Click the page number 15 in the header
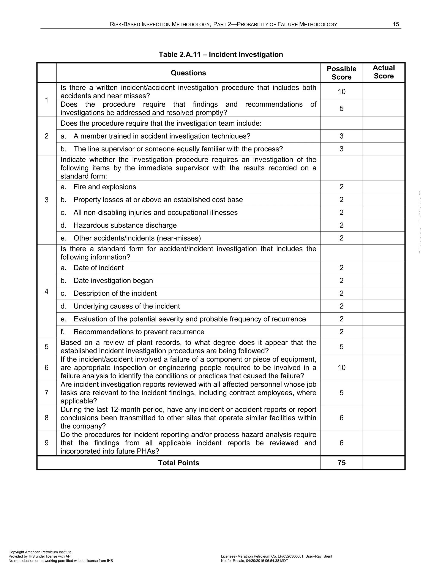(x=396, y=24)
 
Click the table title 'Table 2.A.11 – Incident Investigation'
(x=221, y=54)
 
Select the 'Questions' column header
(x=188, y=73)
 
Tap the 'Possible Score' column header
(x=341, y=73)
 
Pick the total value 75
(x=341, y=463)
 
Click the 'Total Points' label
(x=178, y=463)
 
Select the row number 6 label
(x=47, y=367)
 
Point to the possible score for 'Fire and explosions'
(x=341, y=187)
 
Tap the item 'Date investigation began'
(x=113, y=281)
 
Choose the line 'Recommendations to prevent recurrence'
(x=139, y=332)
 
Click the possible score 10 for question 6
(x=341, y=367)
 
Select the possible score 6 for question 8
(x=341, y=417)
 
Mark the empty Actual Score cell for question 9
(x=384, y=443)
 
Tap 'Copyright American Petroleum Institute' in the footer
(x=40, y=552)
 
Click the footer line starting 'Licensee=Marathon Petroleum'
(x=276, y=556)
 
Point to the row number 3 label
(x=47, y=200)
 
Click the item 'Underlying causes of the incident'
(x=126, y=306)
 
